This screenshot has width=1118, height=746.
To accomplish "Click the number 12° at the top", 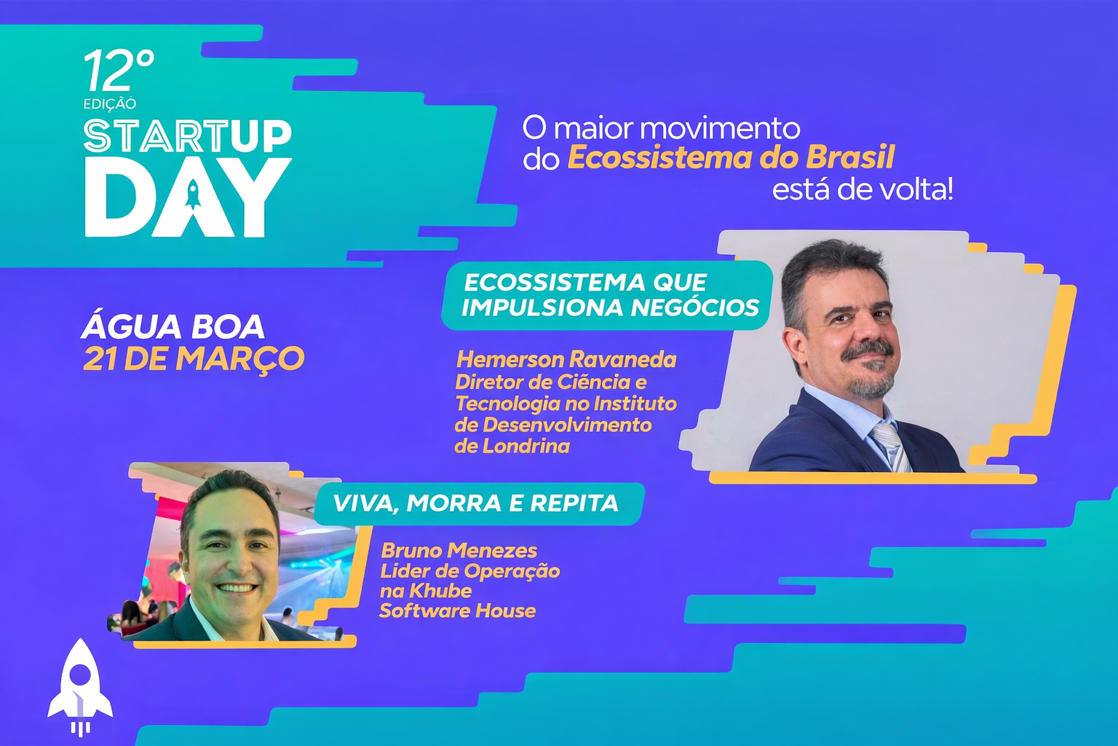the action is pyautogui.click(x=119, y=69).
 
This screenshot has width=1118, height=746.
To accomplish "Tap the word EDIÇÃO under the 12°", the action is pyautogui.click(x=110, y=103).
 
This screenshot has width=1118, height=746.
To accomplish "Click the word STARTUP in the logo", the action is pyautogui.click(x=188, y=136).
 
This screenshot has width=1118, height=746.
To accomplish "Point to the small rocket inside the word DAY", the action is pyautogui.click(x=193, y=195).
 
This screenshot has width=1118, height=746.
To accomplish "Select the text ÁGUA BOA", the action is pyautogui.click(x=173, y=327).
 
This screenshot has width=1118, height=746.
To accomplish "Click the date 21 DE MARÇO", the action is pyautogui.click(x=194, y=358).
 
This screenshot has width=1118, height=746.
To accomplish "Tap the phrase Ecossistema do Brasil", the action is pyautogui.click(x=732, y=158).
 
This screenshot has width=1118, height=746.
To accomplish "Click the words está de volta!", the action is pyautogui.click(x=863, y=190).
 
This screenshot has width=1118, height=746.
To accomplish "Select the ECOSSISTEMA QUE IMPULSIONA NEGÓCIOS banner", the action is pyautogui.click(x=607, y=295).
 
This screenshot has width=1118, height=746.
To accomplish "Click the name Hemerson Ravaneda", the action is pyautogui.click(x=567, y=359).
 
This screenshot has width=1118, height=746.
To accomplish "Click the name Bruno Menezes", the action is pyautogui.click(x=459, y=551).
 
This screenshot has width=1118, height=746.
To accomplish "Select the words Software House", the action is pyautogui.click(x=458, y=610).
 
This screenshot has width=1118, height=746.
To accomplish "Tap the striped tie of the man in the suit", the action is pyautogui.click(x=892, y=447).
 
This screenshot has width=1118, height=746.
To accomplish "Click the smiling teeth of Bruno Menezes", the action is pyautogui.click(x=238, y=588).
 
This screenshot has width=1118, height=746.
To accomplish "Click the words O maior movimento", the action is pyautogui.click(x=662, y=128).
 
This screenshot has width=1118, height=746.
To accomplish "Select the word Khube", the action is pyautogui.click(x=440, y=591).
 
